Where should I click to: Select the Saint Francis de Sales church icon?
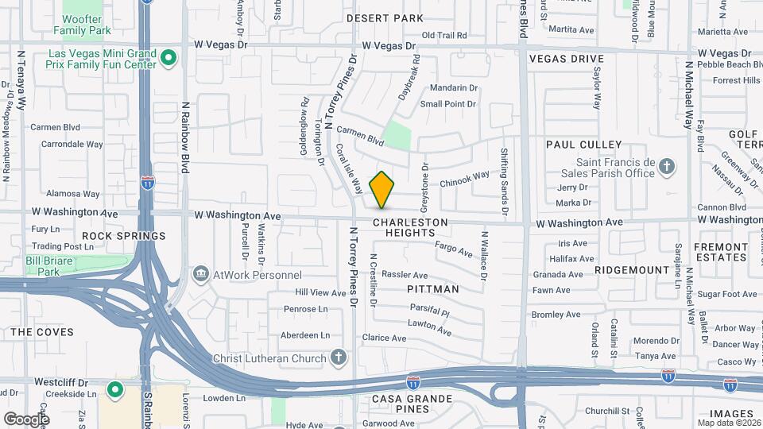tap(668, 167)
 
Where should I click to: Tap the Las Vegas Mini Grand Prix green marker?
tap(168, 58)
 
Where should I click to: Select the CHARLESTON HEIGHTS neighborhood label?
tap(410, 228)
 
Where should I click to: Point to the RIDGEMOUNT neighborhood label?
tap(632, 270)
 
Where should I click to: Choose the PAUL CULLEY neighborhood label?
tap(583, 145)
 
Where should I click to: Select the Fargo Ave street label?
tap(454, 249)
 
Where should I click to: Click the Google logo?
tap(26, 419)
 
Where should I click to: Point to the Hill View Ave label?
tap(321, 292)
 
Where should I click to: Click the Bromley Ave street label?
tap(558, 315)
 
